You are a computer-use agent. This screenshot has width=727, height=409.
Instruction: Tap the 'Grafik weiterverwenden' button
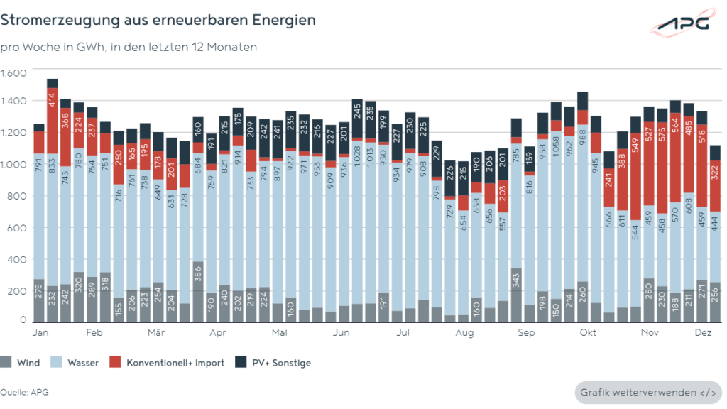tap(647, 392)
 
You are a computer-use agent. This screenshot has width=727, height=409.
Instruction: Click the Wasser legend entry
tap(77, 363)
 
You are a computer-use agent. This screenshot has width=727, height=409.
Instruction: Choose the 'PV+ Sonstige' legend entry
tap(275, 363)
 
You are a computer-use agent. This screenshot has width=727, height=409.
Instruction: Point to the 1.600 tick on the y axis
tap(13, 73)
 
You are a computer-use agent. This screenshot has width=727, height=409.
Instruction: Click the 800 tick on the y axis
tap(17, 197)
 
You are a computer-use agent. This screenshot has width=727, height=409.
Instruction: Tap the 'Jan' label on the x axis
tap(40, 332)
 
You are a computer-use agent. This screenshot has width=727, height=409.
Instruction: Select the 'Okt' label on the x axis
tap(587, 332)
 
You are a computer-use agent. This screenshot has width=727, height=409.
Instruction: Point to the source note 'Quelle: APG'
tap(25, 392)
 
